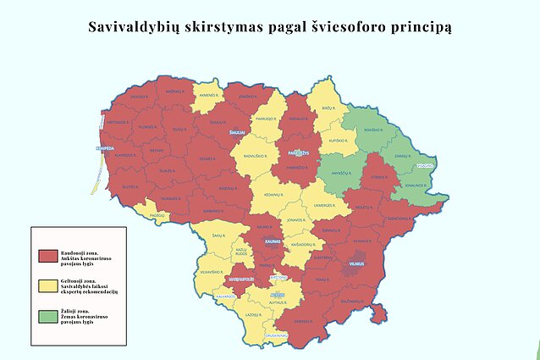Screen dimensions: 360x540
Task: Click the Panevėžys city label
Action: pos(298,153)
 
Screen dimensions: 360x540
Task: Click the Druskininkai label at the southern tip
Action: pos(275,335)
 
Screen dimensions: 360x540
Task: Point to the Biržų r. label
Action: pos(328,108)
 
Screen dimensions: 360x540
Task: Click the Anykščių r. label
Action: pos(341,174)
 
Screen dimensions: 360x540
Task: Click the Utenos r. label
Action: pos(378,176)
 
